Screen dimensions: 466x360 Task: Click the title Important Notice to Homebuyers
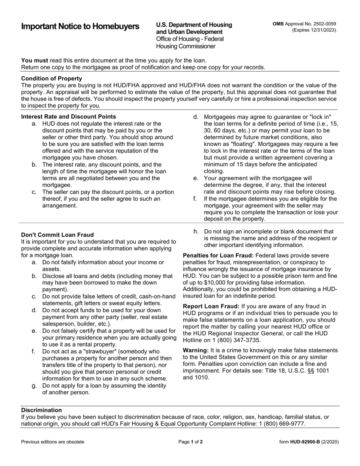click(x=80, y=27)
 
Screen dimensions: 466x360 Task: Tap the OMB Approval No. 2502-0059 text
click(x=304, y=24)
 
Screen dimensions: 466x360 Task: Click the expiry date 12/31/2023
click(x=321, y=30)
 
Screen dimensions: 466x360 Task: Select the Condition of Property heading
click(x=52, y=78)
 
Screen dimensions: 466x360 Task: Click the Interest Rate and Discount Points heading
click(x=69, y=117)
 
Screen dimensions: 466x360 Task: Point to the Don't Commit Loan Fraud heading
click(x=57, y=235)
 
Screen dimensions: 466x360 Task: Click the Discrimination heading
click(x=41, y=410)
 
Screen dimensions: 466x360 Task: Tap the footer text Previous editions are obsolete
click(x=53, y=442)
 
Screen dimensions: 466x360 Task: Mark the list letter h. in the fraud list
click(x=196, y=231)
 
